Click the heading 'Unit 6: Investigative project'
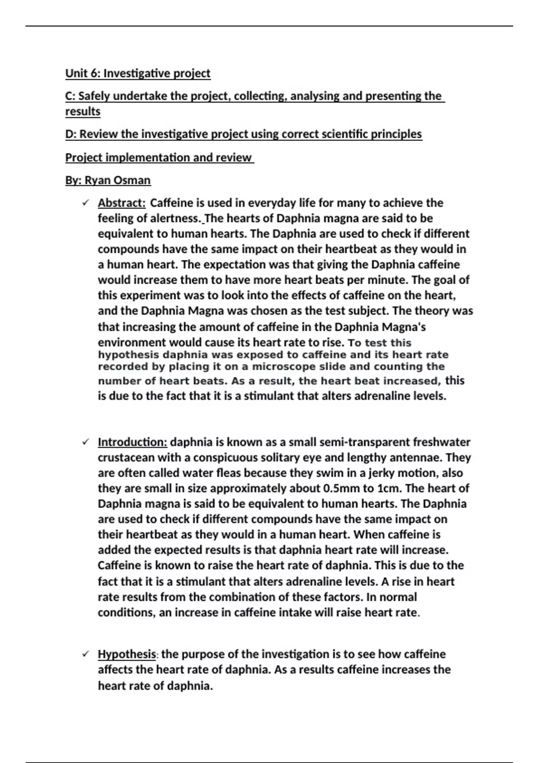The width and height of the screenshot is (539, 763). tap(137, 73)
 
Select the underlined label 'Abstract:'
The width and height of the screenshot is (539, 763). tap(122, 203)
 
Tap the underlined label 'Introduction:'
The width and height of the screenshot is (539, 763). tap(133, 442)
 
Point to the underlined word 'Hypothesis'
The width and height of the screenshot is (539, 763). tap(127, 654)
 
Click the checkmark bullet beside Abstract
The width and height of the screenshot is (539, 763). tap(85, 203)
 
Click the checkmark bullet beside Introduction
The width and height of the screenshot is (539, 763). tap(85, 442)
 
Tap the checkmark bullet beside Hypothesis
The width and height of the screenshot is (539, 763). tap(85, 654)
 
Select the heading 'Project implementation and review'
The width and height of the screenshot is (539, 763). tap(159, 158)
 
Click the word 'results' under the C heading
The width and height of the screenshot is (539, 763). tap(83, 111)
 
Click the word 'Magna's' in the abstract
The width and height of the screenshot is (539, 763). tap(403, 327)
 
